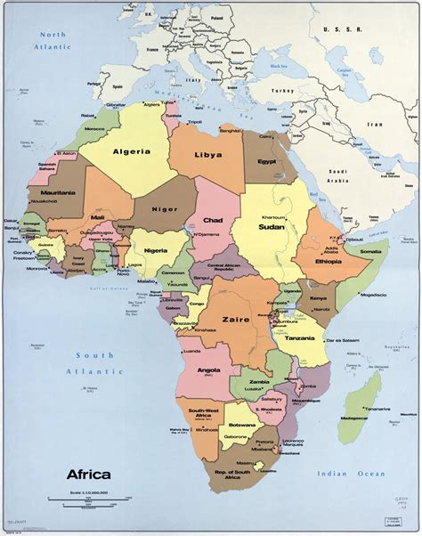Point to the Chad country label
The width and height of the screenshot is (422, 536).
pos(214,220)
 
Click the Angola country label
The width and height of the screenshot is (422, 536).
pos(207,370)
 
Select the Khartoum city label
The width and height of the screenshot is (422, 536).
pos(273,216)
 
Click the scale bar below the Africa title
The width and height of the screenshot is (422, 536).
pos(99,497)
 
